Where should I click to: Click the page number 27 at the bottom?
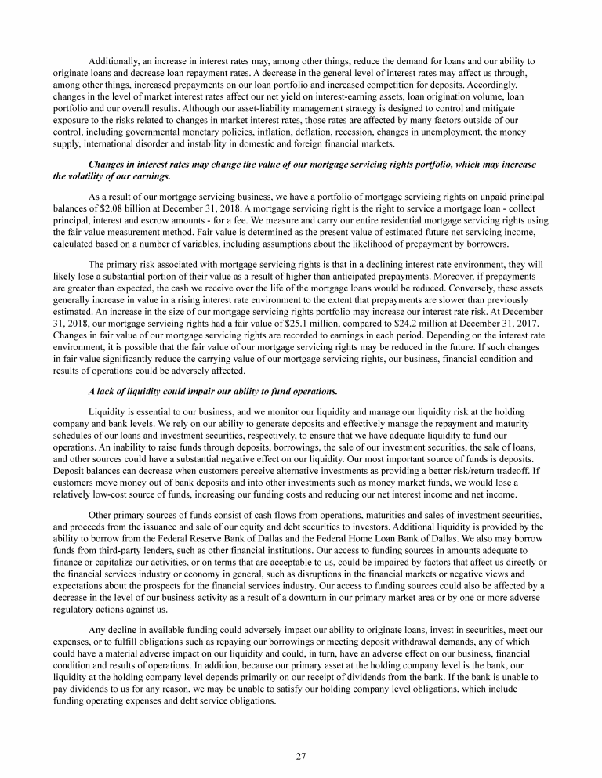(x=300, y=756)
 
